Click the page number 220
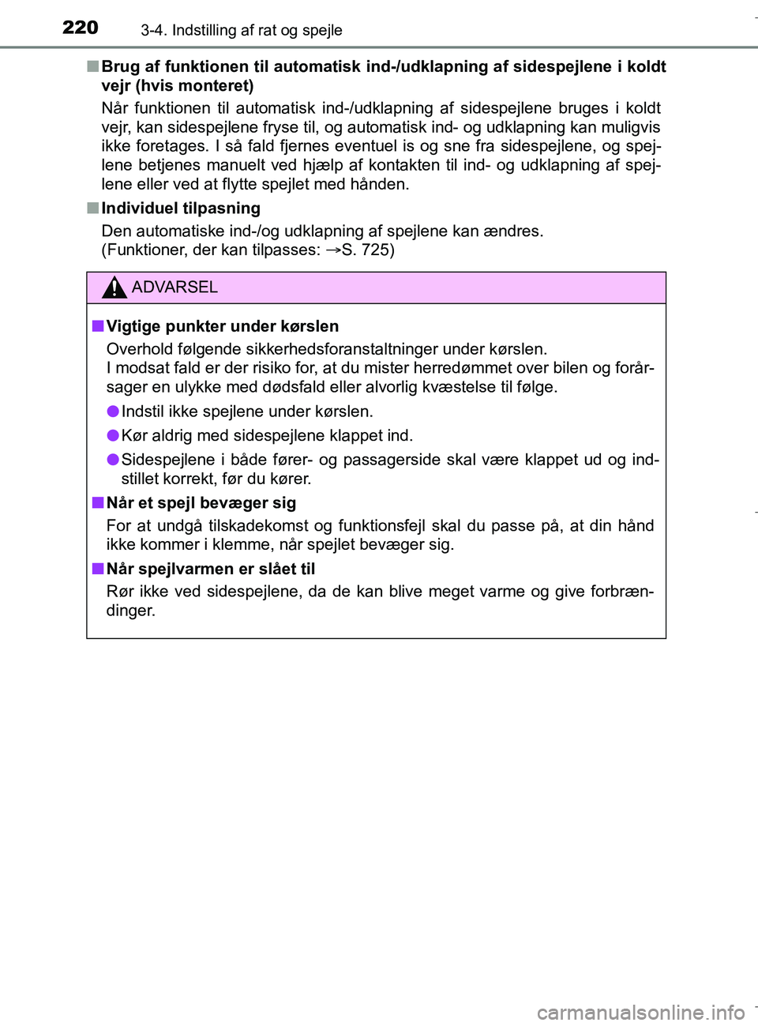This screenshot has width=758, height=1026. (80, 28)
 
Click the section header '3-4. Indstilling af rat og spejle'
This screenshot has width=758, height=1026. (241, 30)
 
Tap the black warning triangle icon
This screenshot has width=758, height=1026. (114, 288)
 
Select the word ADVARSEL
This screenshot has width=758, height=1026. (174, 288)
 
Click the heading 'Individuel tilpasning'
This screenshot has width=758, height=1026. (181, 209)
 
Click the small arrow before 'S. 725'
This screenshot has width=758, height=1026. (332, 250)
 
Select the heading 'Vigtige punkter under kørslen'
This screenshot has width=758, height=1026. (222, 326)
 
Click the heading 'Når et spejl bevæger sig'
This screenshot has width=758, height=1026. (201, 503)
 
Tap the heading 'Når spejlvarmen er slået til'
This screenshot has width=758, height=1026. (210, 569)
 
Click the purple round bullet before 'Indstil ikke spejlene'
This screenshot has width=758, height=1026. (113, 411)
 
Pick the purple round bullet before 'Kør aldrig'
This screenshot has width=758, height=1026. (113, 435)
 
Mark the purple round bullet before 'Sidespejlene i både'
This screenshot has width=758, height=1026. (113, 460)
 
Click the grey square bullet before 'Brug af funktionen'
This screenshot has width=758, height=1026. (92, 66)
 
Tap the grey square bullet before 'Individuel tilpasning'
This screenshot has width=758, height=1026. (92, 209)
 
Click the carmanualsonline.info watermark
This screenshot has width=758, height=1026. (640, 1012)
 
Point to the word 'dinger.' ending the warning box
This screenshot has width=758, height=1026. (130, 611)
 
